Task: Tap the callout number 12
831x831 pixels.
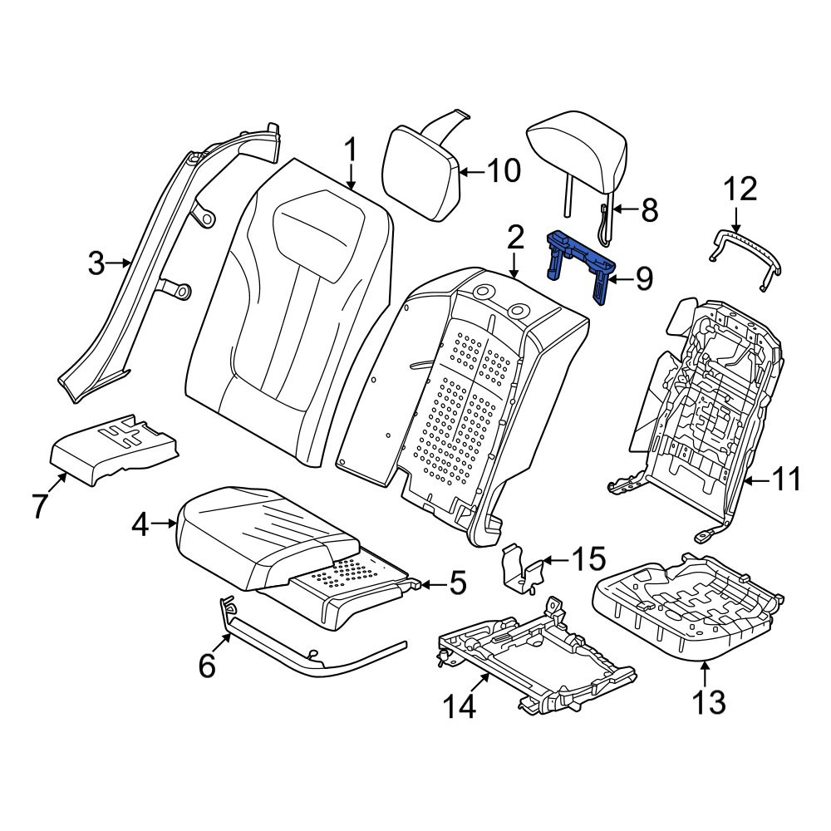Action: (740, 189)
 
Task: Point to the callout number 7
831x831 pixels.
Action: (40, 505)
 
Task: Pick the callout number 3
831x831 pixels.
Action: (96, 263)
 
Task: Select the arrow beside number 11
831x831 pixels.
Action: (757, 481)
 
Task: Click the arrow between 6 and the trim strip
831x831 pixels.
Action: (223, 643)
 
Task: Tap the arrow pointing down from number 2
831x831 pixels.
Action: (514, 266)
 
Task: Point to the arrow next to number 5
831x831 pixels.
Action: (432, 585)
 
